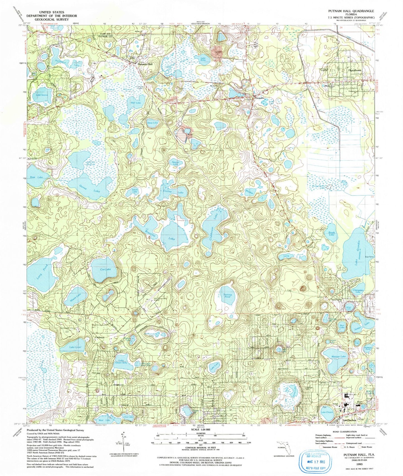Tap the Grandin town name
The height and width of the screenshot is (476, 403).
click(258, 98)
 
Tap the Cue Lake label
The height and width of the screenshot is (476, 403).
click(105, 269)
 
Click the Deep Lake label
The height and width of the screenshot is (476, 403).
click(153, 123)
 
